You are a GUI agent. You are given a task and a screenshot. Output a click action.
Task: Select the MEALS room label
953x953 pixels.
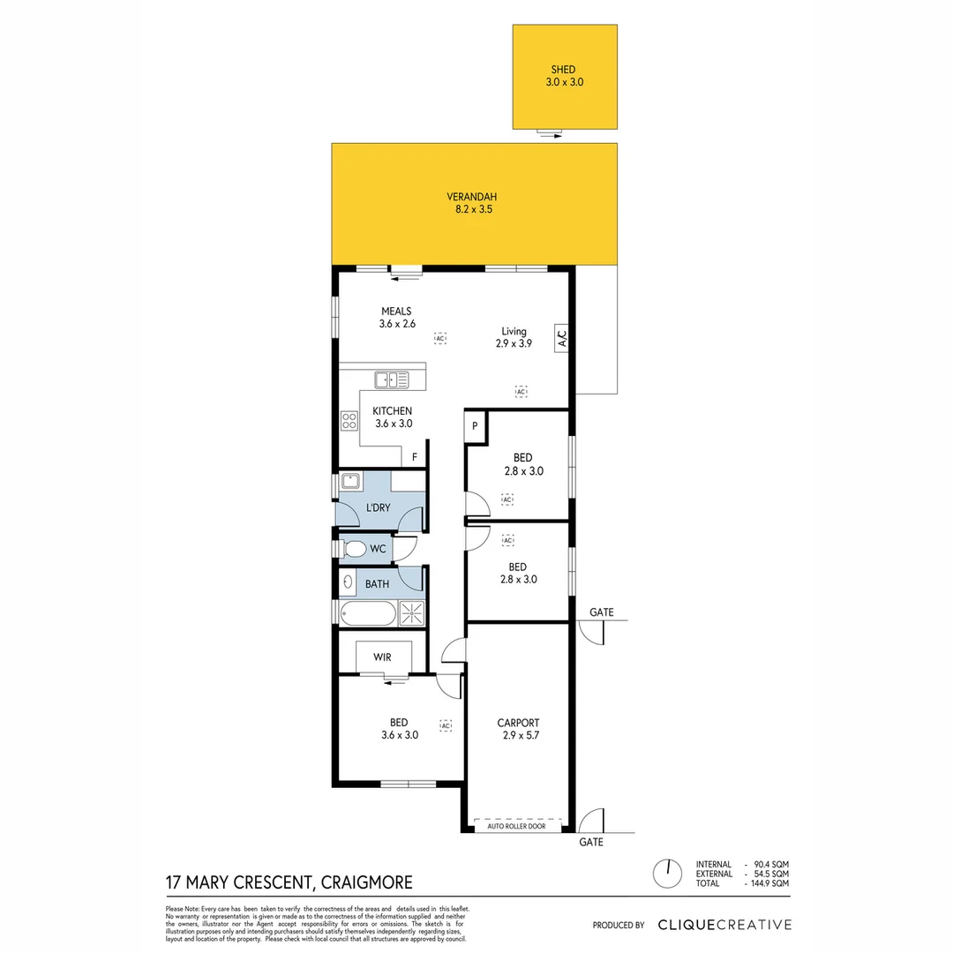[397, 318]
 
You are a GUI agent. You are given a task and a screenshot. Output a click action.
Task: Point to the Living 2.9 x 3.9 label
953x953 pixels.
[516, 338]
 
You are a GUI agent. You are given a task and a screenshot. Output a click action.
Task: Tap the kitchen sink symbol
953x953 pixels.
[391, 380]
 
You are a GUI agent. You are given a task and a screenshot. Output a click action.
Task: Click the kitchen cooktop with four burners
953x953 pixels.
[349, 421]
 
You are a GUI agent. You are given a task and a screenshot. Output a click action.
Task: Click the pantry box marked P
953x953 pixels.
[475, 425]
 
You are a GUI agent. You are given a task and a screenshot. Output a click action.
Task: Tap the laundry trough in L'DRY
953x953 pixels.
[350, 483]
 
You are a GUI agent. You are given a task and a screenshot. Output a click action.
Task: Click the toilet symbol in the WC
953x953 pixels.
[354, 550]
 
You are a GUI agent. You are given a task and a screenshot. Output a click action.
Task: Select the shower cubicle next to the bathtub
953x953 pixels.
[411, 612]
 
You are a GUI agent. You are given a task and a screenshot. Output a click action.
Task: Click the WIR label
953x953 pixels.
[382, 657]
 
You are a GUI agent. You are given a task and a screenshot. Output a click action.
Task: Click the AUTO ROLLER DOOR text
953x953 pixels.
[517, 827]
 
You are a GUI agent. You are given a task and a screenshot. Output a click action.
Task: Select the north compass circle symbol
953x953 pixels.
[667, 874]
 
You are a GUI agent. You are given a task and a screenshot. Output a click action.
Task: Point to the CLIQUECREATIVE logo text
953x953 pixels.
[724, 925]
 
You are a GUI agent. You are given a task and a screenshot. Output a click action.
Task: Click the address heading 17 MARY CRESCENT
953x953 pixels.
[289, 882]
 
